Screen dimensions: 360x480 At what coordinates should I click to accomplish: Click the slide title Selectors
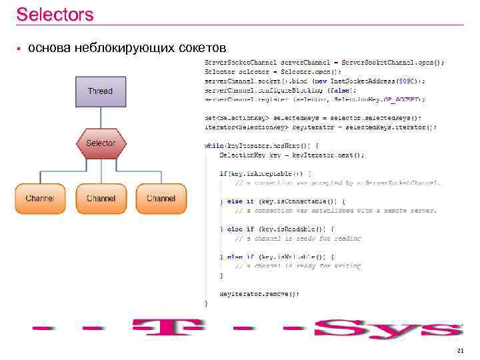pyautogui.click(x=55, y=14)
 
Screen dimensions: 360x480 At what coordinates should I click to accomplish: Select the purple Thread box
pyautogui.click(x=100, y=91)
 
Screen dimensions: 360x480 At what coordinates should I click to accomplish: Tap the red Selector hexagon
pyautogui.click(x=101, y=143)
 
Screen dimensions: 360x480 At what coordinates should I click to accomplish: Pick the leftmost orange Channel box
pyautogui.click(x=40, y=199)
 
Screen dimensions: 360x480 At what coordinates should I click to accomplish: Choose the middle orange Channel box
pyautogui.click(x=101, y=199)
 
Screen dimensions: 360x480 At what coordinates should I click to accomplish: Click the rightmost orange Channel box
pyautogui.click(x=161, y=199)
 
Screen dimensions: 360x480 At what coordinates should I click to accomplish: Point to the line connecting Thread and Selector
pyautogui.click(x=101, y=118)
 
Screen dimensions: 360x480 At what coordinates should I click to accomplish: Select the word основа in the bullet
pyautogui.click(x=50, y=48)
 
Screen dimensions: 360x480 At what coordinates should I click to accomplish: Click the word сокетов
pyautogui.click(x=203, y=48)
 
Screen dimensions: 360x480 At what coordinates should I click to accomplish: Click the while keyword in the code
pyautogui.click(x=214, y=145)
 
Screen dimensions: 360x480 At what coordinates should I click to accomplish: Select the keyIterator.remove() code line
pyautogui.click(x=259, y=293)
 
